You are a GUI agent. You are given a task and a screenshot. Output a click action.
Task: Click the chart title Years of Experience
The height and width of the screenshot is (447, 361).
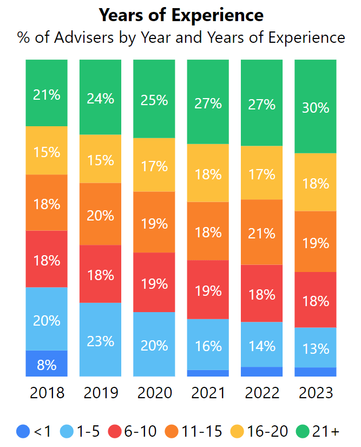click(181, 15)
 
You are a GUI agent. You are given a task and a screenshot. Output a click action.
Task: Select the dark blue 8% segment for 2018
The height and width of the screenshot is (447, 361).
click(47, 364)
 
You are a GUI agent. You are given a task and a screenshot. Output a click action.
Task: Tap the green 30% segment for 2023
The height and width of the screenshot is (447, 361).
click(316, 107)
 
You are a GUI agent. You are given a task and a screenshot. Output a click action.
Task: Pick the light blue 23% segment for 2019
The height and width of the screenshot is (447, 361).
click(100, 340)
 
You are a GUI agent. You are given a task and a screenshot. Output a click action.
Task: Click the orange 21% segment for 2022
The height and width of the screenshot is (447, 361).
click(261, 232)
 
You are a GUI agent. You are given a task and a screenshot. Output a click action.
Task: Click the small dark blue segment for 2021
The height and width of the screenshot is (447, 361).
click(208, 373)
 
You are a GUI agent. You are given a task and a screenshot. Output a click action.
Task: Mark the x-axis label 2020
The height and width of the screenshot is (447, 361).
click(154, 392)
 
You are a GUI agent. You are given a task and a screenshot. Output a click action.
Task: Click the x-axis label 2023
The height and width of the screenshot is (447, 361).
click(316, 392)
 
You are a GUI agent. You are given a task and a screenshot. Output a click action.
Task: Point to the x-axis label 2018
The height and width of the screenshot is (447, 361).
click(47, 392)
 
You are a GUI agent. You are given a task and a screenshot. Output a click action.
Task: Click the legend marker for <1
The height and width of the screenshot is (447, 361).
click(23, 431)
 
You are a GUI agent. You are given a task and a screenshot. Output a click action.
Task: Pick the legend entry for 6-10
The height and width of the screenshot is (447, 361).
click(135, 431)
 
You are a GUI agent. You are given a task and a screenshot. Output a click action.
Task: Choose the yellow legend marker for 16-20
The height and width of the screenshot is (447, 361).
click(237, 431)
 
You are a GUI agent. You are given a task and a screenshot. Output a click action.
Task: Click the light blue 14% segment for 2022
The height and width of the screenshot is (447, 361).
click(261, 345)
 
